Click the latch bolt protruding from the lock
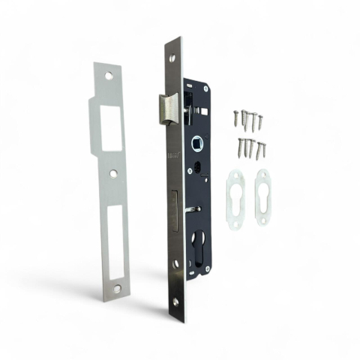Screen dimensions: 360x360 click(169, 109)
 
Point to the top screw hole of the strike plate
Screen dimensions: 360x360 click(108, 76)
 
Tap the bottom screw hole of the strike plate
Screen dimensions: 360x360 click(117, 287)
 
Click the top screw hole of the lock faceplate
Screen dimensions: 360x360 click(171, 57)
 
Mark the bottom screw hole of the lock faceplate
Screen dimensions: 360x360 click(175, 301)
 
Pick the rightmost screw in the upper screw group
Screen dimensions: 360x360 click(260, 120)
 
